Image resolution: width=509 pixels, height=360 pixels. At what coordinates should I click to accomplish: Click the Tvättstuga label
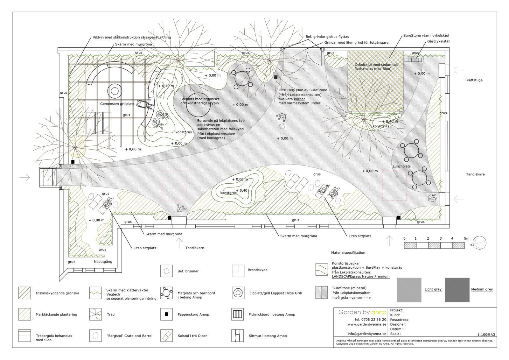tap(473, 80)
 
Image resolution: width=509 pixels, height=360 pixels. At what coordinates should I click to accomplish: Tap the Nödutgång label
tap(103, 262)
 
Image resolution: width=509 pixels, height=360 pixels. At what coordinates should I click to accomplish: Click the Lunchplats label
tap(401, 166)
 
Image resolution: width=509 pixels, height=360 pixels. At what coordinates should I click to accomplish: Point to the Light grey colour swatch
tap(409, 290)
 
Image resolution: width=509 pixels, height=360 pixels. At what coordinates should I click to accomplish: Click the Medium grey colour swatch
tap(457, 290)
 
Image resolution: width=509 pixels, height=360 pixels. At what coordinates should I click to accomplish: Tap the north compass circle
tap(479, 243)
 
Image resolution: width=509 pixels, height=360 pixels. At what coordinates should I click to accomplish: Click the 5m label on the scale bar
tap(466, 238)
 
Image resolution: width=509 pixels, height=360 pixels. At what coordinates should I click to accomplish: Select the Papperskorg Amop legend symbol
tap(166, 314)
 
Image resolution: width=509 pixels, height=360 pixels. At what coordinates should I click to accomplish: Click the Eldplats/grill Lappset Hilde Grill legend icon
tap(238, 293)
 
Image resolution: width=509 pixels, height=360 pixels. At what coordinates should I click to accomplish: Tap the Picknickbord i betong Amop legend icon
tap(238, 314)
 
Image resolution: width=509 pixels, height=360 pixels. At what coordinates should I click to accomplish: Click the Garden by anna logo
tap(362, 312)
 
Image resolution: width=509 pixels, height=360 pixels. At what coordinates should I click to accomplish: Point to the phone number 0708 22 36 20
tap(370, 320)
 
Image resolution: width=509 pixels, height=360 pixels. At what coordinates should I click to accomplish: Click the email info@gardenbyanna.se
tap(367, 334)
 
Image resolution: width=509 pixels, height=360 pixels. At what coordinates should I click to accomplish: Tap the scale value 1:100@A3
tap(486, 335)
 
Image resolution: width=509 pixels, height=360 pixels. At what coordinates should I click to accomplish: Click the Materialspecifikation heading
tap(349, 253)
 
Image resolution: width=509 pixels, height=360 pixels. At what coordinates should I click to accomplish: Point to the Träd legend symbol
tap(95, 314)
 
